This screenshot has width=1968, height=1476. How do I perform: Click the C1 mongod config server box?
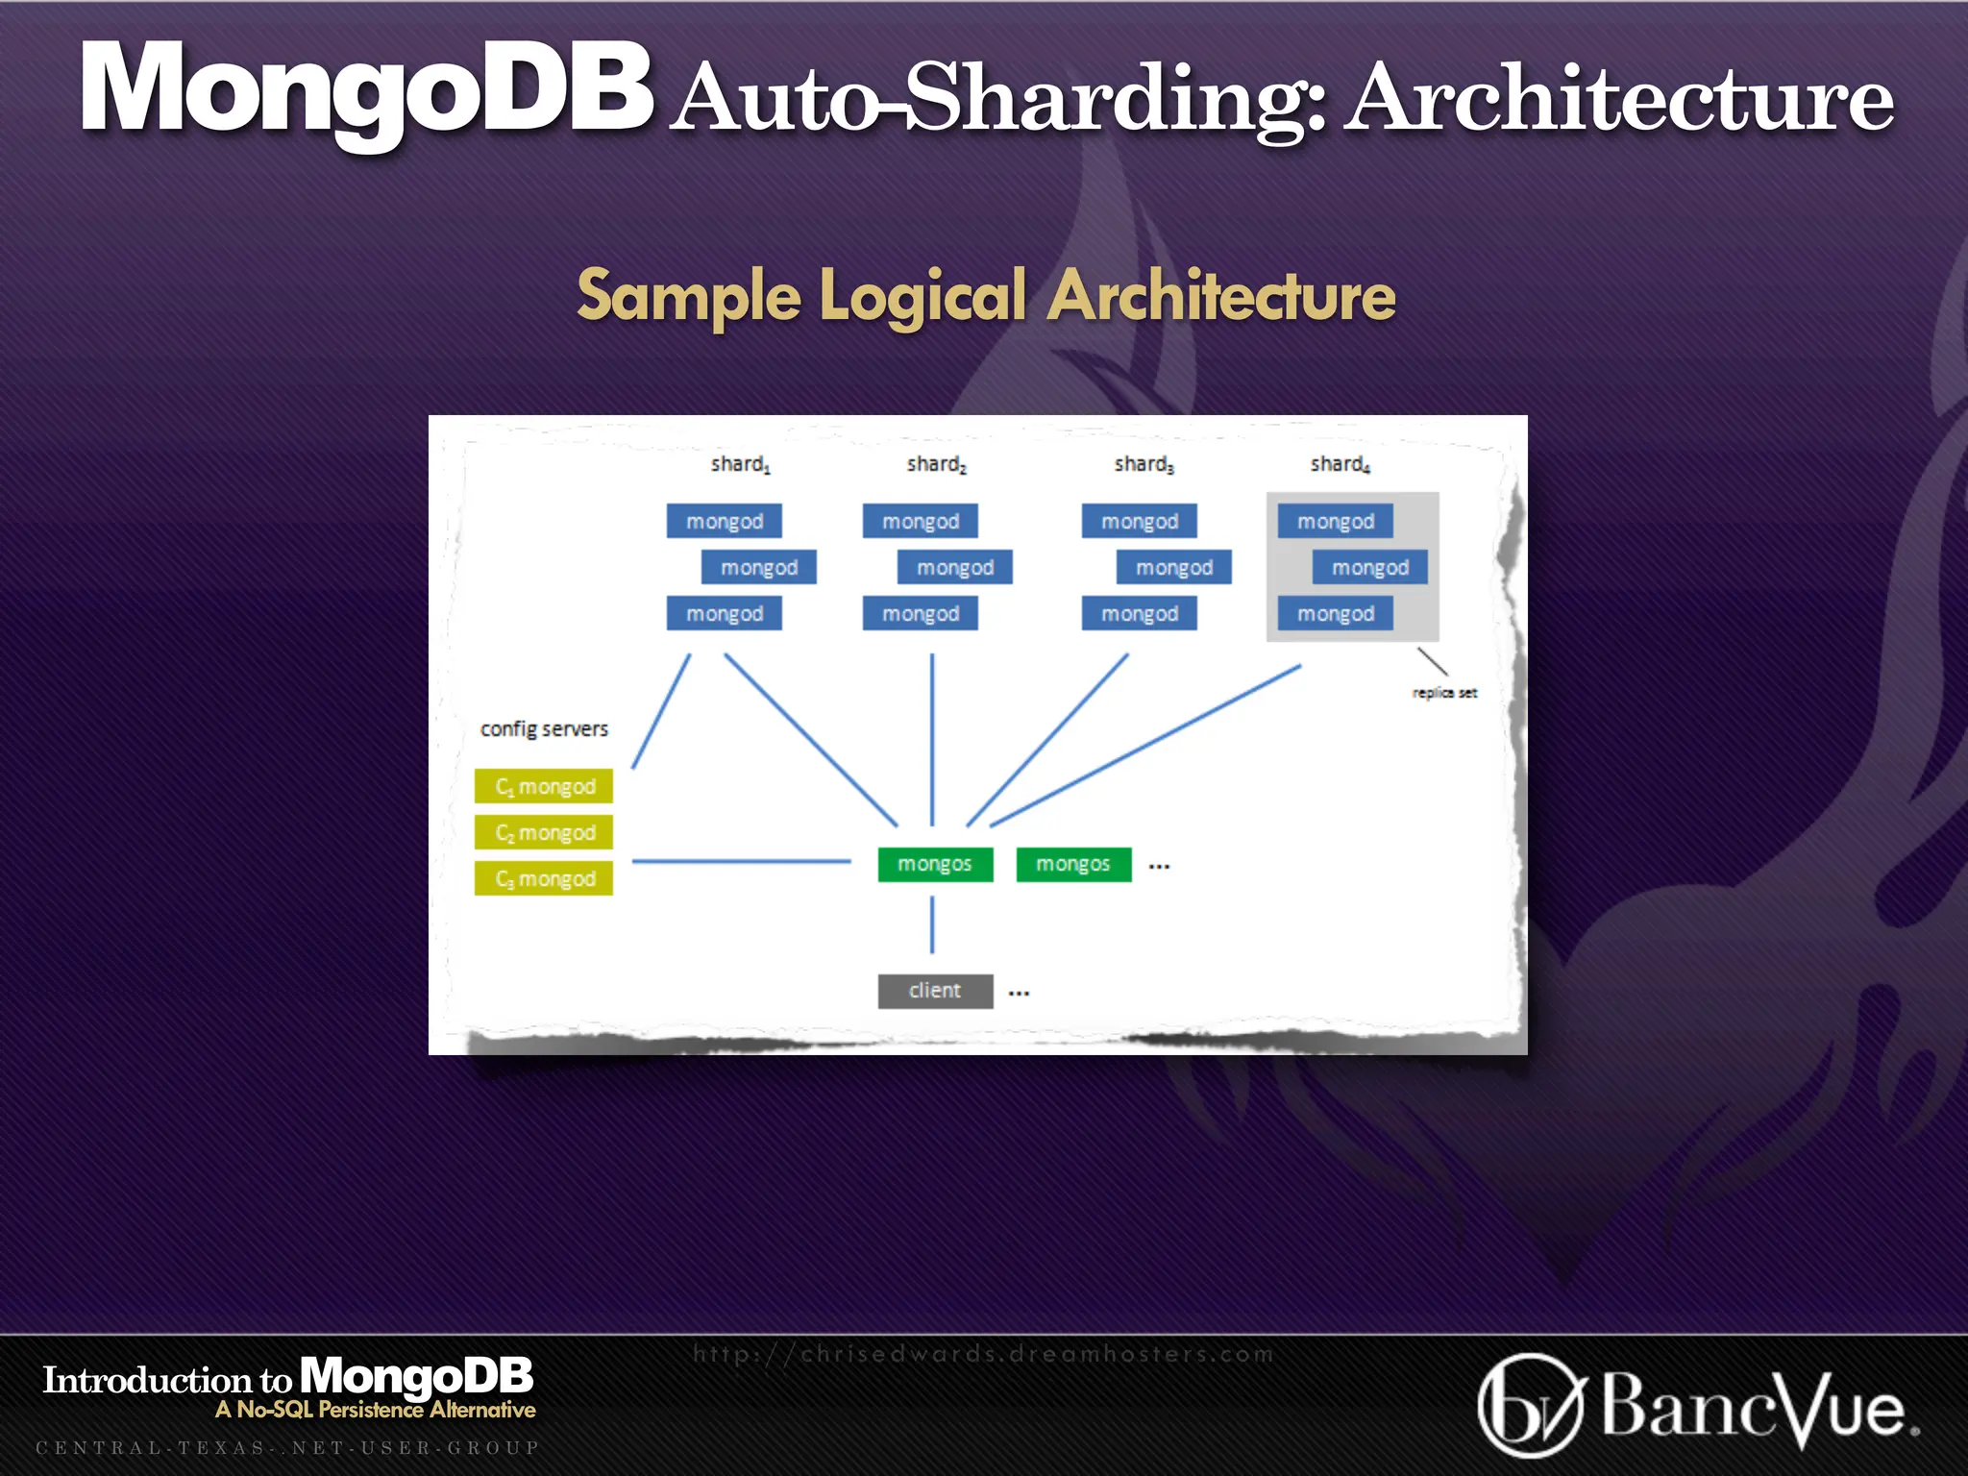(544, 786)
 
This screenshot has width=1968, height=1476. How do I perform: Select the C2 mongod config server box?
(544, 832)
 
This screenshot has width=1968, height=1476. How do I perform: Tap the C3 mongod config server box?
(544, 878)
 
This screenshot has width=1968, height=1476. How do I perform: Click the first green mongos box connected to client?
(935, 864)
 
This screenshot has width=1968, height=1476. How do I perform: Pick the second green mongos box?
(1073, 864)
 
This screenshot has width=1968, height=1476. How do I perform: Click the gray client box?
(935, 991)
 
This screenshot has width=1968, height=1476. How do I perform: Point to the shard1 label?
(740, 464)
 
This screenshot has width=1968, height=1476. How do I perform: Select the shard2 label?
(936, 464)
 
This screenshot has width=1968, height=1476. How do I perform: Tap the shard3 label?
(1144, 464)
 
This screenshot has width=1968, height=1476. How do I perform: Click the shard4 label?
(1340, 464)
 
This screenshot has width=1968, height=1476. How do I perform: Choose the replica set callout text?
(1444, 692)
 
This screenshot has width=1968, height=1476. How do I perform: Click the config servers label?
(544, 728)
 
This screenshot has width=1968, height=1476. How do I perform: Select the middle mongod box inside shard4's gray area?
(1369, 567)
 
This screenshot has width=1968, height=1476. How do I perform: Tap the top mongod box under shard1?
(724, 521)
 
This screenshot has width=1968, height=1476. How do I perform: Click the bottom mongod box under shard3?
(1139, 613)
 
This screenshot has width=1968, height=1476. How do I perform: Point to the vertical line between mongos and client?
(932, 924)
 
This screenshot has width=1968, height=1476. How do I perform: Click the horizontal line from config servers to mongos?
(740, 861)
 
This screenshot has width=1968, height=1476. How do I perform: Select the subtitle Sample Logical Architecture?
(986, 296)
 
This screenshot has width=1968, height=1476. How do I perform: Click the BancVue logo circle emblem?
(1529, 1405)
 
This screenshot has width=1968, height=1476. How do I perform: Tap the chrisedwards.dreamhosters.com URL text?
(984, 1354)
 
